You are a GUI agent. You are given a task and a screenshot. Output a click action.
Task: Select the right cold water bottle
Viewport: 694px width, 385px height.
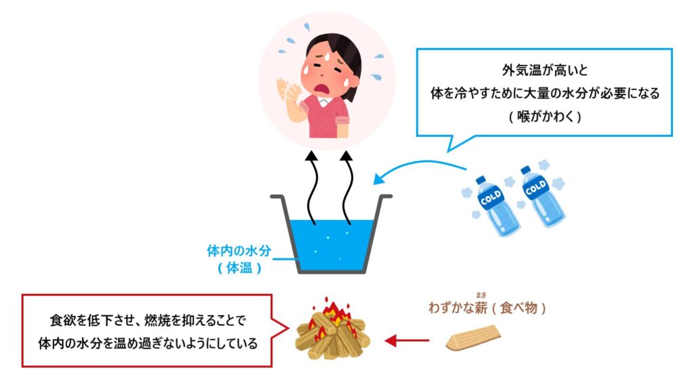(x=542, y=196)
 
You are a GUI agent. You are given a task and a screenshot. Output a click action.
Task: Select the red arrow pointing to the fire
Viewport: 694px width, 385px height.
(x=407, y=340)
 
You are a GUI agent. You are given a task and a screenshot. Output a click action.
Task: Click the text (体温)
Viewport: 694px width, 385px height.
(x=239, y=267)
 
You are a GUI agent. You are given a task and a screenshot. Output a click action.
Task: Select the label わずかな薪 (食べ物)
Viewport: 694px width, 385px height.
(x=486, y=308)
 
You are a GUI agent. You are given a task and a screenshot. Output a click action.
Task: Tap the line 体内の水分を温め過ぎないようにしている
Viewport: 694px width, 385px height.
(x=148, y=342)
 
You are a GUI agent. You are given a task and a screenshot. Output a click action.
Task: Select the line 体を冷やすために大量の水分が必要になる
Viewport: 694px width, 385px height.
(x=544, y=92)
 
